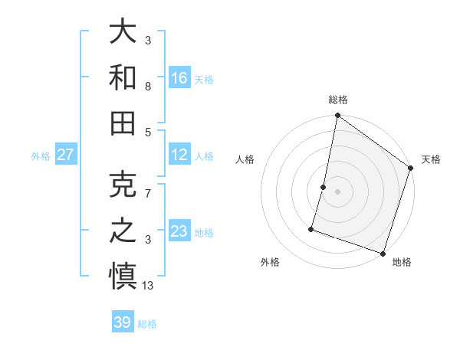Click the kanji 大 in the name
click(x=123, y=31)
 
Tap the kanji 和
click(x=123, y=77)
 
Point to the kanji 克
click(x=123, y=183)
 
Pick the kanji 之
click(x=123, y=230)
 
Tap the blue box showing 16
click(x=179, y=77)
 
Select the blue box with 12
click(x=179, y=155)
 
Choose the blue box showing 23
click(x=179, y=231)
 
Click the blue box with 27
click(x=65, y=155)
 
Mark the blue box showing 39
click(x=123, y=322)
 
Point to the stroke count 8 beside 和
click(x=147, y=87)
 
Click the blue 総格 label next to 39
click(x=148, y=324)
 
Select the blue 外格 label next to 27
click(x=41, y=156)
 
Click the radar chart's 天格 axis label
click(x=431, y=159)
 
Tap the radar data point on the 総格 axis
click(x=337, y=116)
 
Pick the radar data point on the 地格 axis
click(x=383, y=253)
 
